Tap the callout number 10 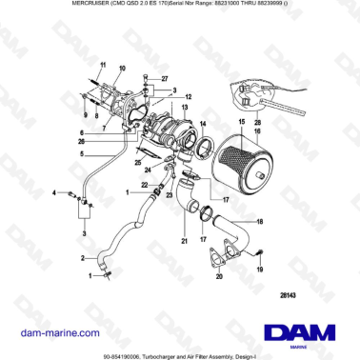(x=121, y=70)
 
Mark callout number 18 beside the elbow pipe (x=260, y=221)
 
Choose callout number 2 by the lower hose (x=83, y=257)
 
